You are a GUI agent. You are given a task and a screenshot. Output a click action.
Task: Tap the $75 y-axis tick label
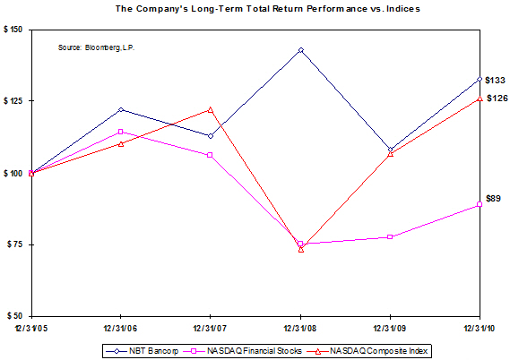(x=14, y=244)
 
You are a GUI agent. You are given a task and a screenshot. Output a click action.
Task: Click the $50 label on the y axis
(x=14, y=316)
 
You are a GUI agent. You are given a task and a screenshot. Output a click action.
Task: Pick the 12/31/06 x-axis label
(x=120, y=328)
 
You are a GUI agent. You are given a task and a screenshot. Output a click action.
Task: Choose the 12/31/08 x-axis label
(x=300, y=328)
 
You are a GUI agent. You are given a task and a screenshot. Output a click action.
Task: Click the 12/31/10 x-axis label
(x=480, y=328)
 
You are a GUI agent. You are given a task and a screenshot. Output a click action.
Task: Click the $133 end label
(x=494, y=81)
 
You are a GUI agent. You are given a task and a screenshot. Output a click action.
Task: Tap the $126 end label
(x=494, y=99)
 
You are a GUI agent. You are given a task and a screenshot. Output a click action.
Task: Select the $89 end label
(x=493, y=198)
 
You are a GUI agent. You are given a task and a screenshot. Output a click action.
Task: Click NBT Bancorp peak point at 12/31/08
(x=300, y=50)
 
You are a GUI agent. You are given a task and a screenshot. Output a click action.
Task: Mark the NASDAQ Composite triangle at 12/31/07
(x=211, y=109)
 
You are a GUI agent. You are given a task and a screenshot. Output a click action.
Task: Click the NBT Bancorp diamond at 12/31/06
(x=121, y=110)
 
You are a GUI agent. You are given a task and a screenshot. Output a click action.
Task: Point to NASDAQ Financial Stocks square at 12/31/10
(x=480, y=205)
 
